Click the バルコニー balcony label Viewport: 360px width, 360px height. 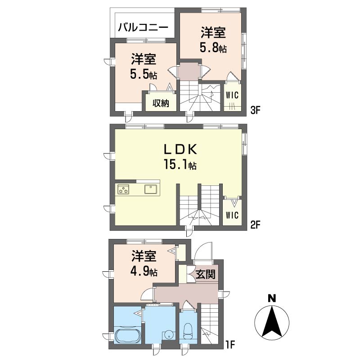[x=143, y=28]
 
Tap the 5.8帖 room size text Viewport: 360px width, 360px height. [x=213, y=48]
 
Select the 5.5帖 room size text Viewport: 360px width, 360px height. [x=144, y=74]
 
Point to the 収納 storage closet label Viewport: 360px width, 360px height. [x=161, y=103]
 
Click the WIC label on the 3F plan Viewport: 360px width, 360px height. [x=232, y=95]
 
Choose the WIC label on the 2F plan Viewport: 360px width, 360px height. [x=232, y=215]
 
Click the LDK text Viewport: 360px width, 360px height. [x=180, y=149]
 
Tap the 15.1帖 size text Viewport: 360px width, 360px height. [x=180, y=165]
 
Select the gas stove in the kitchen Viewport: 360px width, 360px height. [x=123, y=189]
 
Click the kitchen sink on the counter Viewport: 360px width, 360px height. [x=151, y=189]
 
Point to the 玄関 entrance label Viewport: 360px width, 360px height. [x=206, y=274]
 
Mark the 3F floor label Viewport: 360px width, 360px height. [x=255, y=111]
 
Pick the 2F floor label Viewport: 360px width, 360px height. [x=255, y=225]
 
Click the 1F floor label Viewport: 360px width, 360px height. [x=230, y=344]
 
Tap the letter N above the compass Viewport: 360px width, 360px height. [x=272, y=299]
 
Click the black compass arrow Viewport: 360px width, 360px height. [x=272, y=321]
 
